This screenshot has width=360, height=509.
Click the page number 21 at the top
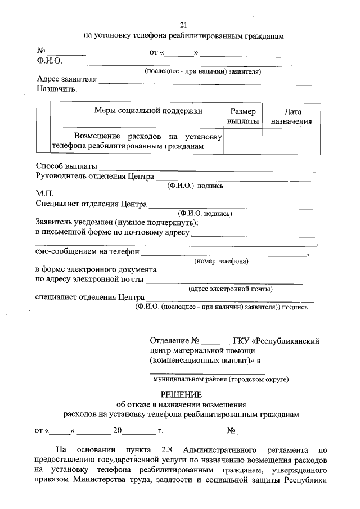pyautogui.click(x=183, y=25)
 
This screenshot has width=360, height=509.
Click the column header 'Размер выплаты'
pyautogui.click(x=243, y=116)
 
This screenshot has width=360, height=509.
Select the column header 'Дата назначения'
pyautogui.click(x=291, y=116)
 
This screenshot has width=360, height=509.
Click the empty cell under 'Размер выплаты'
pyautogui.click(x=243, y=141)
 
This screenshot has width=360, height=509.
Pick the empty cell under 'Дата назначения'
pyautogui.click(x=291, y=141)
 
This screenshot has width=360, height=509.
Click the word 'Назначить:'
pyautogui.click(x=56, y=88)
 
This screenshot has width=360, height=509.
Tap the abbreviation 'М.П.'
pyautogui.click(x=44, y=194)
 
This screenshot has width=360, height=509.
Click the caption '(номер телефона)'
pyautogui.click(x=221, y=261)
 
